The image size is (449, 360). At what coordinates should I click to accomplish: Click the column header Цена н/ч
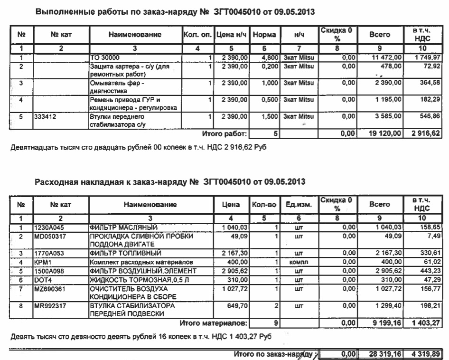pos(232,35)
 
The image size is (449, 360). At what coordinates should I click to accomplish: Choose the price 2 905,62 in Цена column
pos(236,271)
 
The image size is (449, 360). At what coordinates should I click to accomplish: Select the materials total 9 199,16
pos(384,324)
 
